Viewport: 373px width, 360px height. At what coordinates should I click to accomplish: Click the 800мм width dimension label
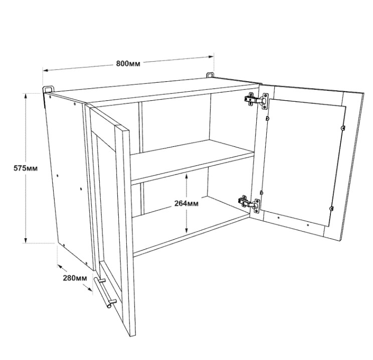(x=128, y=64)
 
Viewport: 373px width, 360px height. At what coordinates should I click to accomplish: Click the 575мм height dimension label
(x=26, y=168)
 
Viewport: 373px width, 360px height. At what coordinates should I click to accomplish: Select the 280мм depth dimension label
(x=75, y=278)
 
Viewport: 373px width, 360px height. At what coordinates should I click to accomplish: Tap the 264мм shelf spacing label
(x=186, y=204)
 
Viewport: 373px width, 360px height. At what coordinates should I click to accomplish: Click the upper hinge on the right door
(x=257, y=101)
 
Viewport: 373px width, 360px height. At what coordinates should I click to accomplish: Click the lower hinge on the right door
(x=249, y=204)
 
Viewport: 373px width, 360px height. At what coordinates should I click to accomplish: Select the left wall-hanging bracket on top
(x=49, y=89)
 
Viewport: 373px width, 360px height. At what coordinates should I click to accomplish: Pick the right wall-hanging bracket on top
(x=210, y=75)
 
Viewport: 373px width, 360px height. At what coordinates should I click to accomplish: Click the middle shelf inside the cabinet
(x=193, y=162)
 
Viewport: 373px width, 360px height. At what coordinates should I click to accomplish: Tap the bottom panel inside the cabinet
(x=191, y=226)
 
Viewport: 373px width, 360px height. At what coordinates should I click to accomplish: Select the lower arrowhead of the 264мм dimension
(x=186, y=230)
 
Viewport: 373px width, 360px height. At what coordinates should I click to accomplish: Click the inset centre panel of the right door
(x=303, y=162)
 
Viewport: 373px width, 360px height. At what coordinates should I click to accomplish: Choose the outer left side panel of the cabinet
(x=69, y=181)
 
